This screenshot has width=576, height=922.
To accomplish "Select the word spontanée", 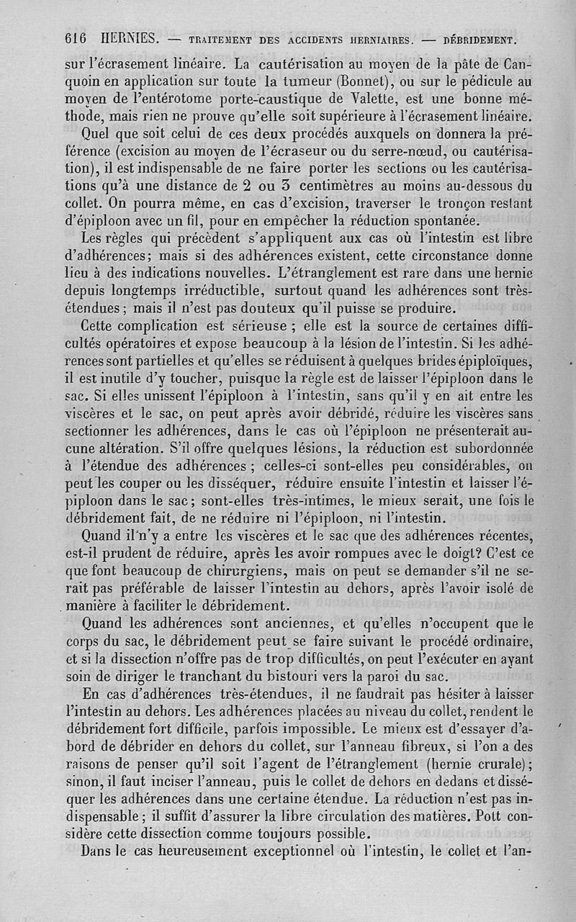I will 441,220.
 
